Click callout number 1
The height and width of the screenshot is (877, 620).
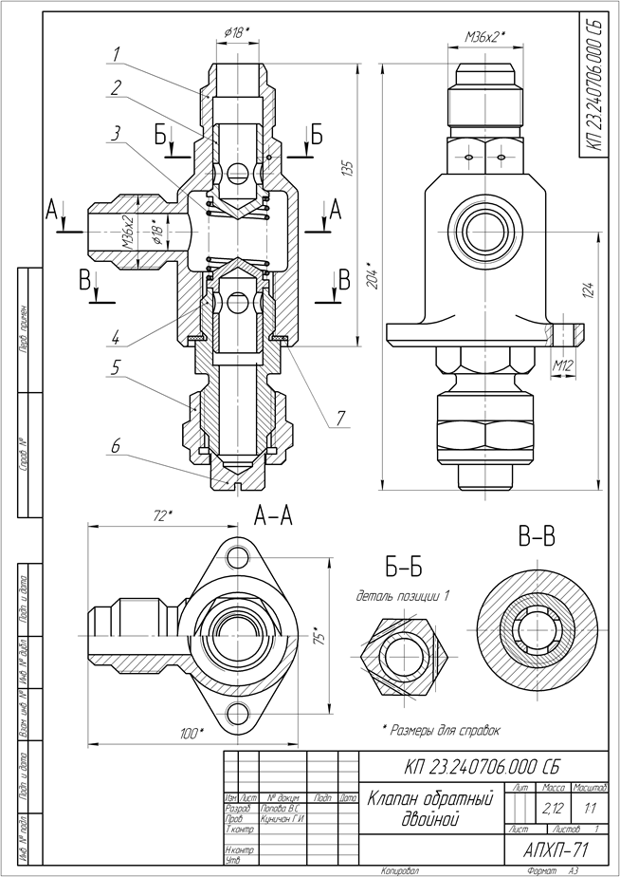115,53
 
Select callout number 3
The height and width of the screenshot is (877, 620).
115,133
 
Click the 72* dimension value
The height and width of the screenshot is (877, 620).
162,515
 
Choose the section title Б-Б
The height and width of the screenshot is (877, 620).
402,569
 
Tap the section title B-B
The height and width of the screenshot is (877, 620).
537,538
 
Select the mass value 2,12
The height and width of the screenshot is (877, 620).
550,810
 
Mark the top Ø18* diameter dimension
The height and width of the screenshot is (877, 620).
237,33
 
